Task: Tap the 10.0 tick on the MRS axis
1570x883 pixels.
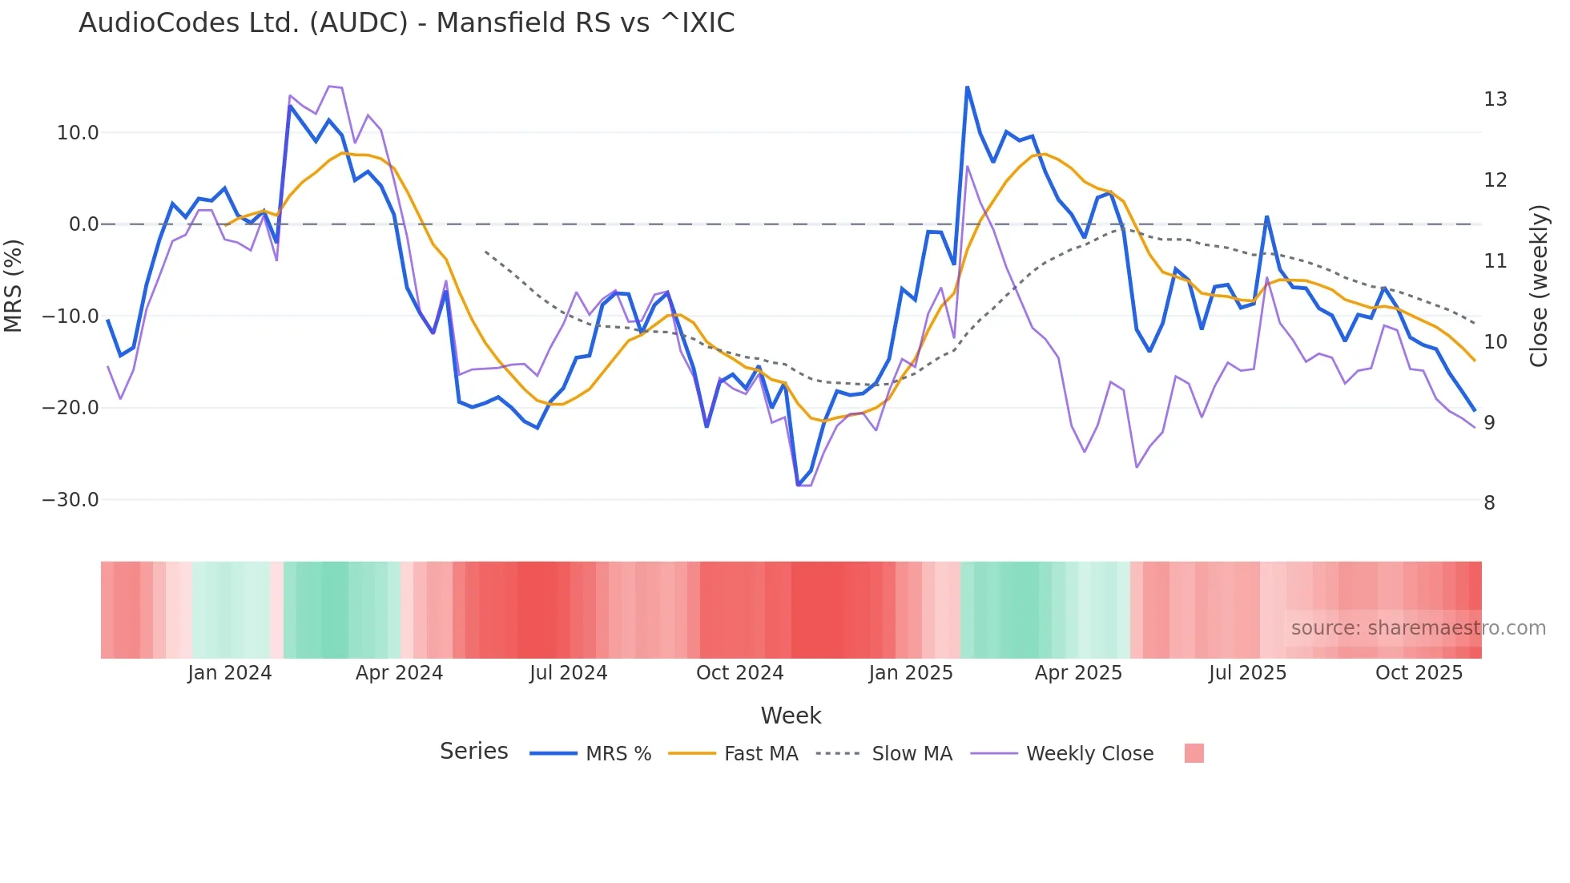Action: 77,133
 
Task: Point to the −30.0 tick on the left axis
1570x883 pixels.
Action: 70,500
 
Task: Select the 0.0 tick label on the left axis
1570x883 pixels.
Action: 83,224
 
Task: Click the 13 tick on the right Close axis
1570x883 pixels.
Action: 1495,99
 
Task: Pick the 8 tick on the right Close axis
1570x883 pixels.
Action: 1489,503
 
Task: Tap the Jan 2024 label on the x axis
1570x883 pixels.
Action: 230,673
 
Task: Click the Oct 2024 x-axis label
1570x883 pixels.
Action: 739,673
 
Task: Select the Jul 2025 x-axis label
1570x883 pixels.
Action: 1247,673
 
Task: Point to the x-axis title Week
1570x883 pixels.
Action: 791,716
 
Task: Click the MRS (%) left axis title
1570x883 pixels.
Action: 14,285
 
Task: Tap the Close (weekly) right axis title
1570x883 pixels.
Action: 1538,286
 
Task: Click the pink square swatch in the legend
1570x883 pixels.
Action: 1194,753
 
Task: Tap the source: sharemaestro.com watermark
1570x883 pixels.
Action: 1418,628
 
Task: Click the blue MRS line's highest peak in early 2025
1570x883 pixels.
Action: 967,87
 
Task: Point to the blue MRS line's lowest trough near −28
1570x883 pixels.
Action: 798,485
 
